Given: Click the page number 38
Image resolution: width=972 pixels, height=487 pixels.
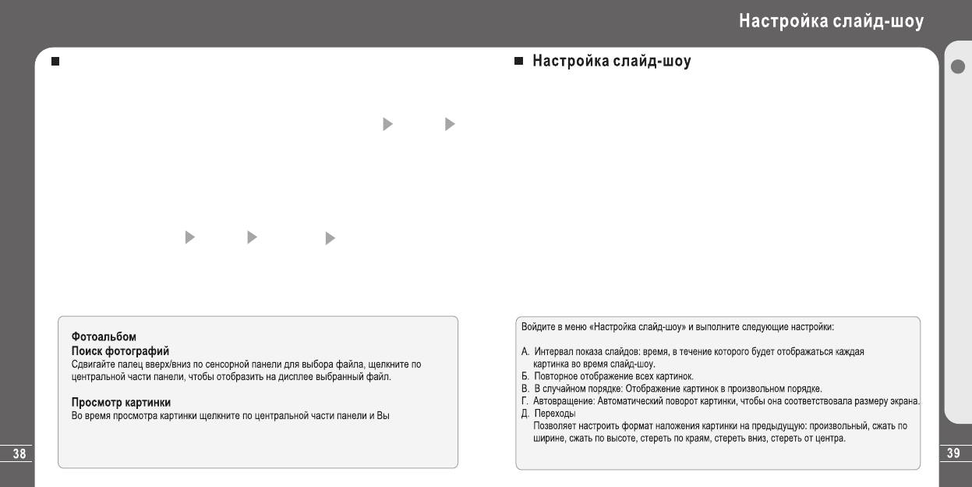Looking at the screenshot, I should pos(19,453).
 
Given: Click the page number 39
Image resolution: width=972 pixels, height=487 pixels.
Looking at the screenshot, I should pos(953,453).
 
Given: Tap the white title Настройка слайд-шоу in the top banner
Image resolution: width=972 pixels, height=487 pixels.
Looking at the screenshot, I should pos(831,21).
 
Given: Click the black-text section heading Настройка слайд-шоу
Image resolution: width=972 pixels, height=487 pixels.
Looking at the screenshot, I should pos(611,61).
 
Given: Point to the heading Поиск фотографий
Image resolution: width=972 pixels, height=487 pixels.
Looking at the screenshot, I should pos(120,351).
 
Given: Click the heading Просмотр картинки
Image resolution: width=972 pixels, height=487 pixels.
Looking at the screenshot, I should pos(121,403).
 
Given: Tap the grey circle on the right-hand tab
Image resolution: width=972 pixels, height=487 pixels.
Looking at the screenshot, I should pos(958,66).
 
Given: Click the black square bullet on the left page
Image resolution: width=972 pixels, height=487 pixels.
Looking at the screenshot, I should pos(55,61).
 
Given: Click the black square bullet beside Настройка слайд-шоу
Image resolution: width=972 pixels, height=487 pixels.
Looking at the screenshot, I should pos(518,61).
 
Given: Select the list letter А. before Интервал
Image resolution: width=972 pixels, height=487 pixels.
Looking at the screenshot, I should pos(525,352).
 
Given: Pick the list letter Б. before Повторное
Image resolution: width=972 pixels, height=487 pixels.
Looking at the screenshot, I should pos(525,376).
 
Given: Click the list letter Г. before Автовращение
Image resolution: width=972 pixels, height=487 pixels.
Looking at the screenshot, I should pos(525,401).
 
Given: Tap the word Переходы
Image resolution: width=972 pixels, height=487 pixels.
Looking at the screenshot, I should pos(554,414).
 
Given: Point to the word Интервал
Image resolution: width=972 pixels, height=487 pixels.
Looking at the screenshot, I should pos(553,352).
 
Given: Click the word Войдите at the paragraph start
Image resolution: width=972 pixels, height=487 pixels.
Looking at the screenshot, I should pos(538,327).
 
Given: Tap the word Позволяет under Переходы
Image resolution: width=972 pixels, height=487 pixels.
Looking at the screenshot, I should pos(556,426).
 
